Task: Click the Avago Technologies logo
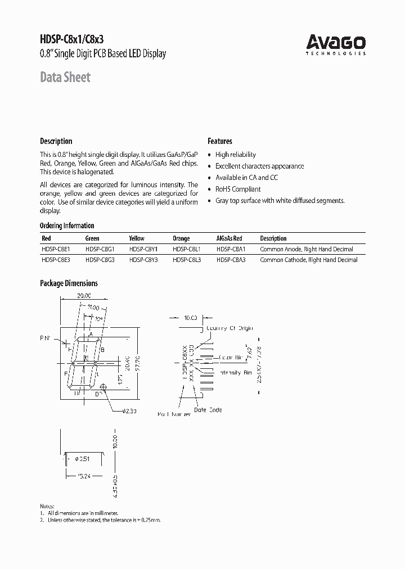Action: [x=336, y=44]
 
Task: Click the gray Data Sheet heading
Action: [x=65, y=77]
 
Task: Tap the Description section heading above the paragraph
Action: [x=56, y=141]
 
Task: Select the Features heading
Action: [x=220, y=141]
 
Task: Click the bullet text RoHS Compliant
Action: [x=238, y=189]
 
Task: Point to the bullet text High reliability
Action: [x=236, y=155]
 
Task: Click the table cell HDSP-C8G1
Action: [x=100, y=249]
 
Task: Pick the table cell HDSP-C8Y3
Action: [x=143, y=260]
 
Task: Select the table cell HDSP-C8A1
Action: [x=231, y=249]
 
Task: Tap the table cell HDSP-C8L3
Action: [x=187, y=260]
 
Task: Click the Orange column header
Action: [x=181, y=238]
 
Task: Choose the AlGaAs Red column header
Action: [x=229, y=238]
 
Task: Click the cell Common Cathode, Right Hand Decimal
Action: [x=309, y=260]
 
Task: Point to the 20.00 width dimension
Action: [x=84, y=295]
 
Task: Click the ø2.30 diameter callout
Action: [x=130, y=411]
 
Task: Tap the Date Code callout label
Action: [x=209, y=410]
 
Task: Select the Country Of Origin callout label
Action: [x=230, y=328]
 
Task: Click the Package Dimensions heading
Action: [x=69, y=283]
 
